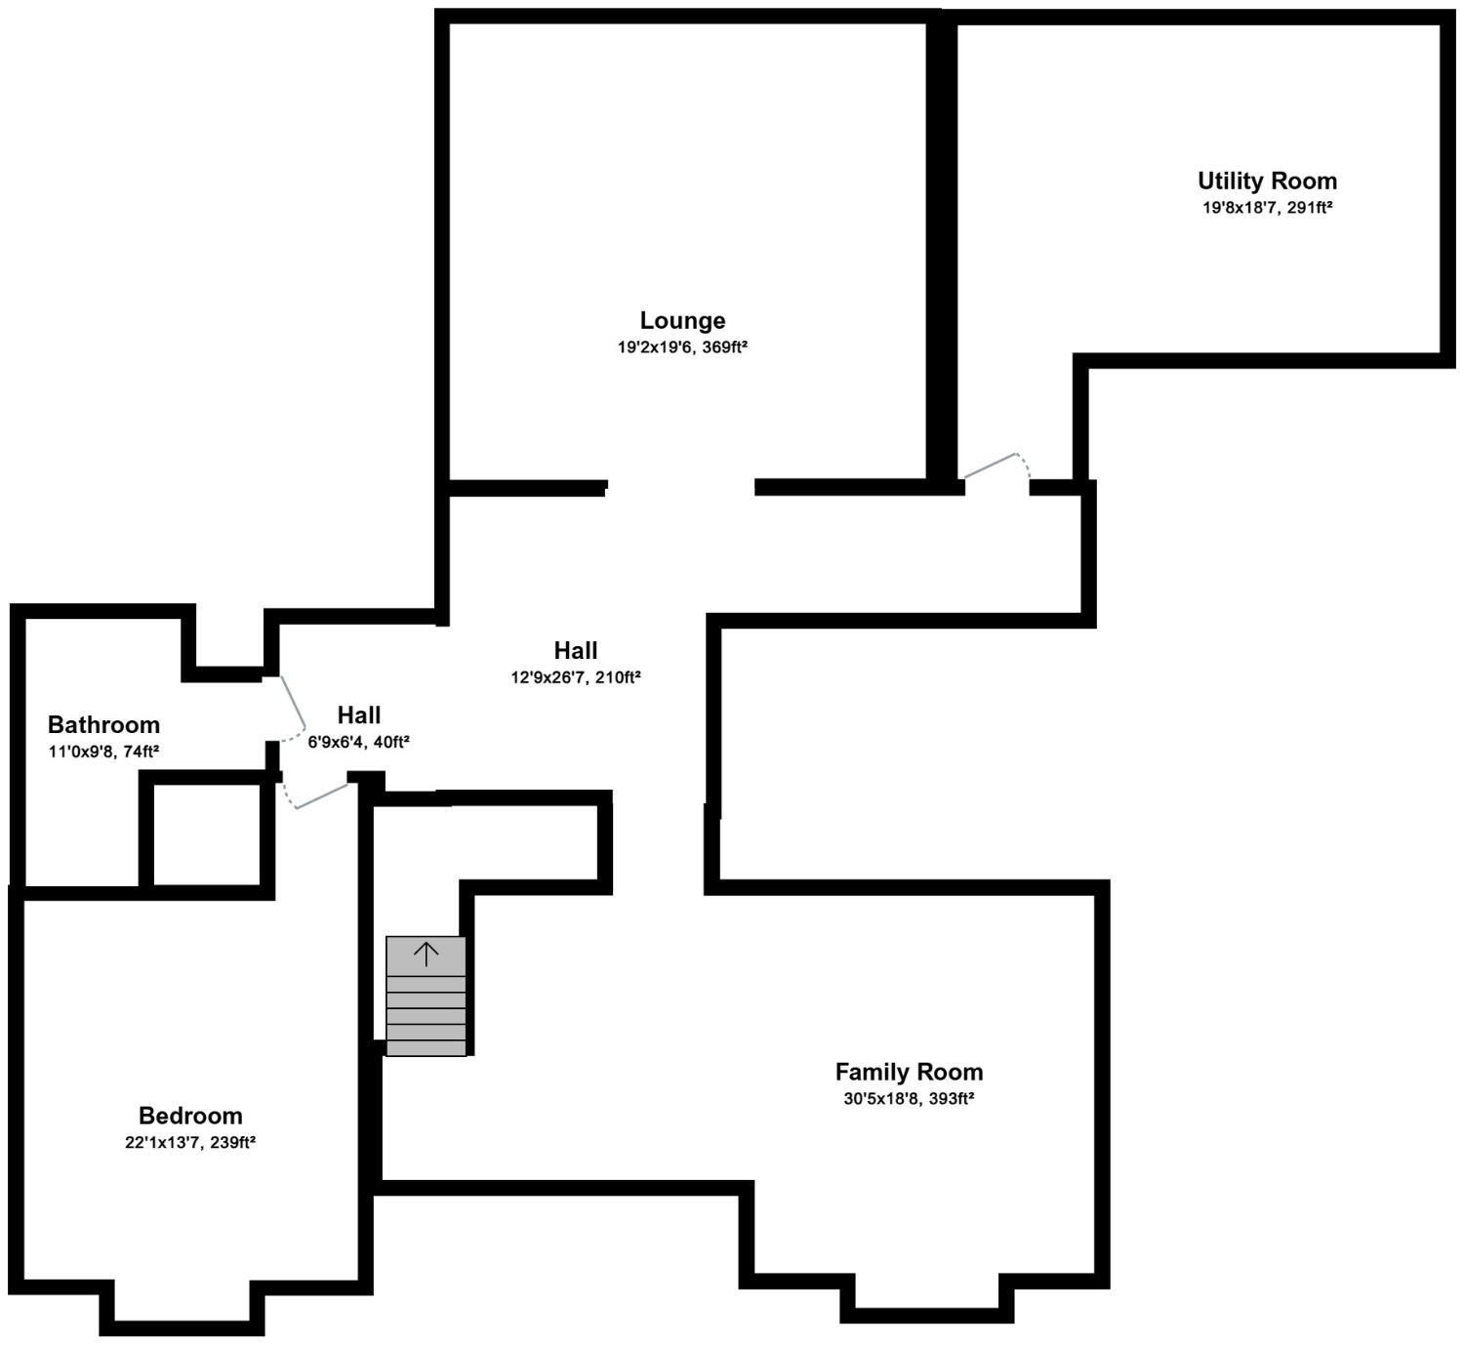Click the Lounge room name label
click(x=682, y=320)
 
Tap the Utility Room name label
click(x=1267, y=182)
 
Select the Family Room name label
click(x=909, y=1072)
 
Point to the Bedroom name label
click(x=190, y=1116)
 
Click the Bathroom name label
click(x=103, y=725)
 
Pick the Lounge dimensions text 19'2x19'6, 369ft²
click(x=682, y=347)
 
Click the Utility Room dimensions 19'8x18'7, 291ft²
click(x=1267, y=208)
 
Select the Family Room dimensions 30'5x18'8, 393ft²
click(x=909, y=1099)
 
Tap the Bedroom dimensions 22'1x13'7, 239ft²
click(x=190, y=1143)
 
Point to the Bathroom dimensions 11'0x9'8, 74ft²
click(x=103, y=752)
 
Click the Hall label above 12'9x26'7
click(x=576, y=651)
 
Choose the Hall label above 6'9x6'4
click(x=359, y=714)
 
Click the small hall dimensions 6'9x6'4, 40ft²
click(x=359, y=743)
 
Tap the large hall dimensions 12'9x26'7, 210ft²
click(x=576, y=677)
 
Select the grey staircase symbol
click(x=427, y=996)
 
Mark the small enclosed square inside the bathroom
click(x=207, y=836)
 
